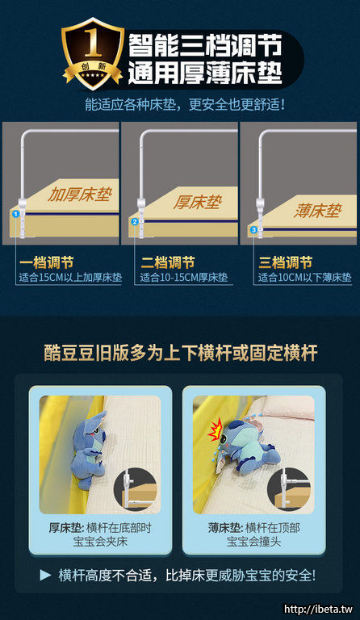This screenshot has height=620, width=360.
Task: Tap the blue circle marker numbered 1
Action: click(15, 214)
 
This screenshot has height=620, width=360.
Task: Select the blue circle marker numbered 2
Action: click(135, 222)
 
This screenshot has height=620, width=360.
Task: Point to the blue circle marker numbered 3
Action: click(253, 229)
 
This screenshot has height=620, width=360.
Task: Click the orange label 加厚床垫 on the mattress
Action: click(79, 194)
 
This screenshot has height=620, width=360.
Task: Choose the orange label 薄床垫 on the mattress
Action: click(317, 211)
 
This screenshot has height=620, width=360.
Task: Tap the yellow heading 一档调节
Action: click(46, 262)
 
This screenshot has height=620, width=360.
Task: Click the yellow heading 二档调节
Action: click(168, 262)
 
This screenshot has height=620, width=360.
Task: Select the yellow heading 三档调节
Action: click(285, 262)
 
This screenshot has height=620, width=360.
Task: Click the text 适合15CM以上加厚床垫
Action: click(70, 277)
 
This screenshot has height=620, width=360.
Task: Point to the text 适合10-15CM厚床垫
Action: click(184, 277)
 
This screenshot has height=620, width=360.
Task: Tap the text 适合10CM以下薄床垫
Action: click(304, 277)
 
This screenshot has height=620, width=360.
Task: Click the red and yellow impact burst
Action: click(216, 431)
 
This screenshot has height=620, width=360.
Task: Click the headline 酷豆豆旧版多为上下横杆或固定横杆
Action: click(181, 353)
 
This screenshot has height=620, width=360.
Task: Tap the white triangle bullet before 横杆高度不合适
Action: click(45, 576)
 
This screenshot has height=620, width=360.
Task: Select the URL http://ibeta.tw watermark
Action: click(319, 610)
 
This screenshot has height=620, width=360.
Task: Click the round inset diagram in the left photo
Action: click(135, 489)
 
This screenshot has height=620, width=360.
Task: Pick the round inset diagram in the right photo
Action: click(289, 489)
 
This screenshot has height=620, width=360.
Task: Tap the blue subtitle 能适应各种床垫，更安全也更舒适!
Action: click(185, 105)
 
